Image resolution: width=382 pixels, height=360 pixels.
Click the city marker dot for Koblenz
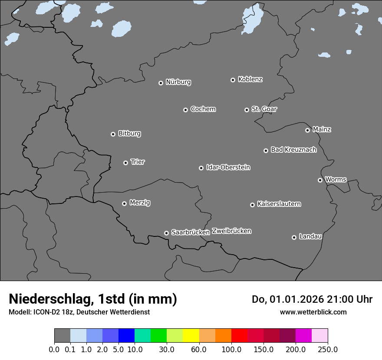[x=233, y=80]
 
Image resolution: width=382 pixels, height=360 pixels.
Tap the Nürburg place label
[x=178, y=82]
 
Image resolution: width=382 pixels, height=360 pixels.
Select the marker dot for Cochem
[x=185, y=110]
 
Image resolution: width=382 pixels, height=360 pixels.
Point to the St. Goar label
[x=264, y=109]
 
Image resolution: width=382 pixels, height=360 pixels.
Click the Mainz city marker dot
[x=307, y=130]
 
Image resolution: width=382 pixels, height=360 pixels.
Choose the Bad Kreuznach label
[x=293, y=150]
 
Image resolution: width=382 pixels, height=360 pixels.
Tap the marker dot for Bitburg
[x=113, y=134]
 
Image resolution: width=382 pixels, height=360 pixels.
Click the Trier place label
[x=138, y=162]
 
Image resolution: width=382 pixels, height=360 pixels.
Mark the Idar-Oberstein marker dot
[x=201, y=168]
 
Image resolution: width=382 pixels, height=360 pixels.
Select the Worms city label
[x=336, y=179]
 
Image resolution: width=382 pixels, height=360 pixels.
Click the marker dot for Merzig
[x=124, y=203]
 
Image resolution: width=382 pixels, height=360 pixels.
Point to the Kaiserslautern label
[x=279, y=204]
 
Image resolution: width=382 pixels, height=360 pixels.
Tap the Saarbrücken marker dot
[x=166, y=233]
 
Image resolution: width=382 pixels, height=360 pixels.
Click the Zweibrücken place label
[x=231, y=231]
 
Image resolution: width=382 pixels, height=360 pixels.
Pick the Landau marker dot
[x=294, y=237]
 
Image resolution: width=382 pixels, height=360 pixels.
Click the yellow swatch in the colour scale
[x=191, y=336]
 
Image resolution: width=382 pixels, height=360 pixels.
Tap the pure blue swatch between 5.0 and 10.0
[x=126, y=336]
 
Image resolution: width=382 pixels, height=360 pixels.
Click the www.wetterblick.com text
[x=313, y=312]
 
